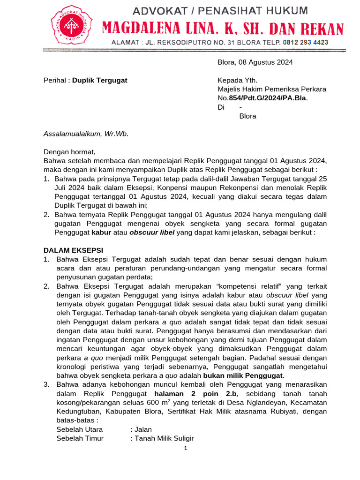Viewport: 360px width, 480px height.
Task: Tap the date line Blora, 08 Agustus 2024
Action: coord(255,62)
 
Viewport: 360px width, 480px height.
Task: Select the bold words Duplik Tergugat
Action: coord(100,80)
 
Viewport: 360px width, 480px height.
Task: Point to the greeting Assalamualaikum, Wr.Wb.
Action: coord(86,134)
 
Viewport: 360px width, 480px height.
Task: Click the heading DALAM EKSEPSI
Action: coord(73,250)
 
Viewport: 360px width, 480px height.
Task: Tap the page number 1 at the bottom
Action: coord(186,449)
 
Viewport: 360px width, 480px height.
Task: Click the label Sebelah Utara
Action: coord(79,429)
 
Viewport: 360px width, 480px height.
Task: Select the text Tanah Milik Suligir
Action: coord(164,438)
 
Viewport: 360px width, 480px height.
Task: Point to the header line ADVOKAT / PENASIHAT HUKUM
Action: coord(220,10)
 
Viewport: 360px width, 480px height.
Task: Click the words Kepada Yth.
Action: coord(237,80)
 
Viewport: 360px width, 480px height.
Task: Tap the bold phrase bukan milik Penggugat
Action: coord(243,375)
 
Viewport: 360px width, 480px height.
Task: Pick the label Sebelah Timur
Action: coord(80,438)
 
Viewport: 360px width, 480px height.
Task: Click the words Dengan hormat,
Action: coord(69,152)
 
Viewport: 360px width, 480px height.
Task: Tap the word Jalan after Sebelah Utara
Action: coord(143,429)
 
